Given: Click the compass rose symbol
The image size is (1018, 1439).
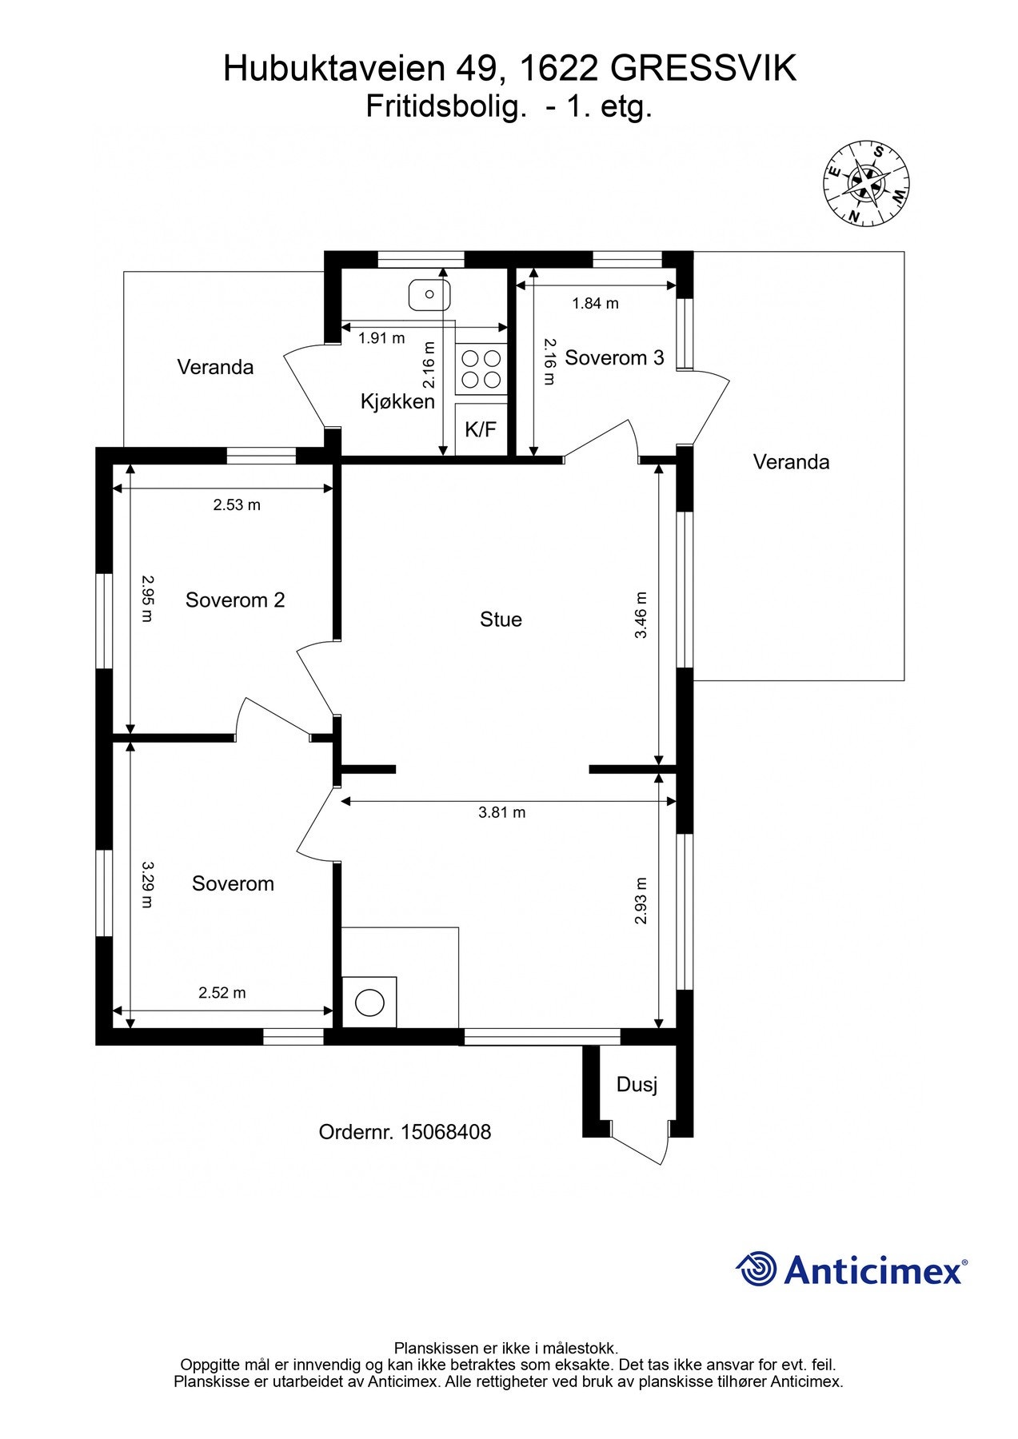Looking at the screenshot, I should pos(867,183).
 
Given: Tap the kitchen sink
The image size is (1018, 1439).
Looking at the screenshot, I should pos(429,295).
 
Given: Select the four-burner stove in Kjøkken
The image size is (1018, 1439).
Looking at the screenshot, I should pos(481,369).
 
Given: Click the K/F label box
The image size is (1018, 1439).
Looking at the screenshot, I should pos(481,429).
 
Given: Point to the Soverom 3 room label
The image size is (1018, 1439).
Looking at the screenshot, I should pos(614,357).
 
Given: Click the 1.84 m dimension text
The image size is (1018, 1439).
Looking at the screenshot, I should pos(595,303).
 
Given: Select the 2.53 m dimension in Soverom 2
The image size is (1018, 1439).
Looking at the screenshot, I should pos(236,504).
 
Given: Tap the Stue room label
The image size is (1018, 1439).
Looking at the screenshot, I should pos(501,619).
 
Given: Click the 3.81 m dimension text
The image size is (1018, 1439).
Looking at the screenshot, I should pos(501,812).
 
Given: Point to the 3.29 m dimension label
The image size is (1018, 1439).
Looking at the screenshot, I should pos(146,884).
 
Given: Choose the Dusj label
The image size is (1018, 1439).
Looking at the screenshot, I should pos(637,1085).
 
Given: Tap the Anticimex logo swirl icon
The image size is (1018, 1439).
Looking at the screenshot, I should pos(756,1269).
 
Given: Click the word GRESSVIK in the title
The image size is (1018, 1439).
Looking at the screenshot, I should pos(704,69).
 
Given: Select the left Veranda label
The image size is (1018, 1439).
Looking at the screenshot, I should pos(215,367).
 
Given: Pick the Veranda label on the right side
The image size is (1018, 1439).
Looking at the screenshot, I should pos(791,461).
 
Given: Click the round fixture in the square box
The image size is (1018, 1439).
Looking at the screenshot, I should pos(369,1003).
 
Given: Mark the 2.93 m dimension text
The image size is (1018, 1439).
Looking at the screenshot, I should pos(641,901).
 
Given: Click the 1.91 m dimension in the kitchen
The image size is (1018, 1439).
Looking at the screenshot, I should pos(381,338).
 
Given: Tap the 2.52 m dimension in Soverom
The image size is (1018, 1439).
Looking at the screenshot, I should pos(222,992).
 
